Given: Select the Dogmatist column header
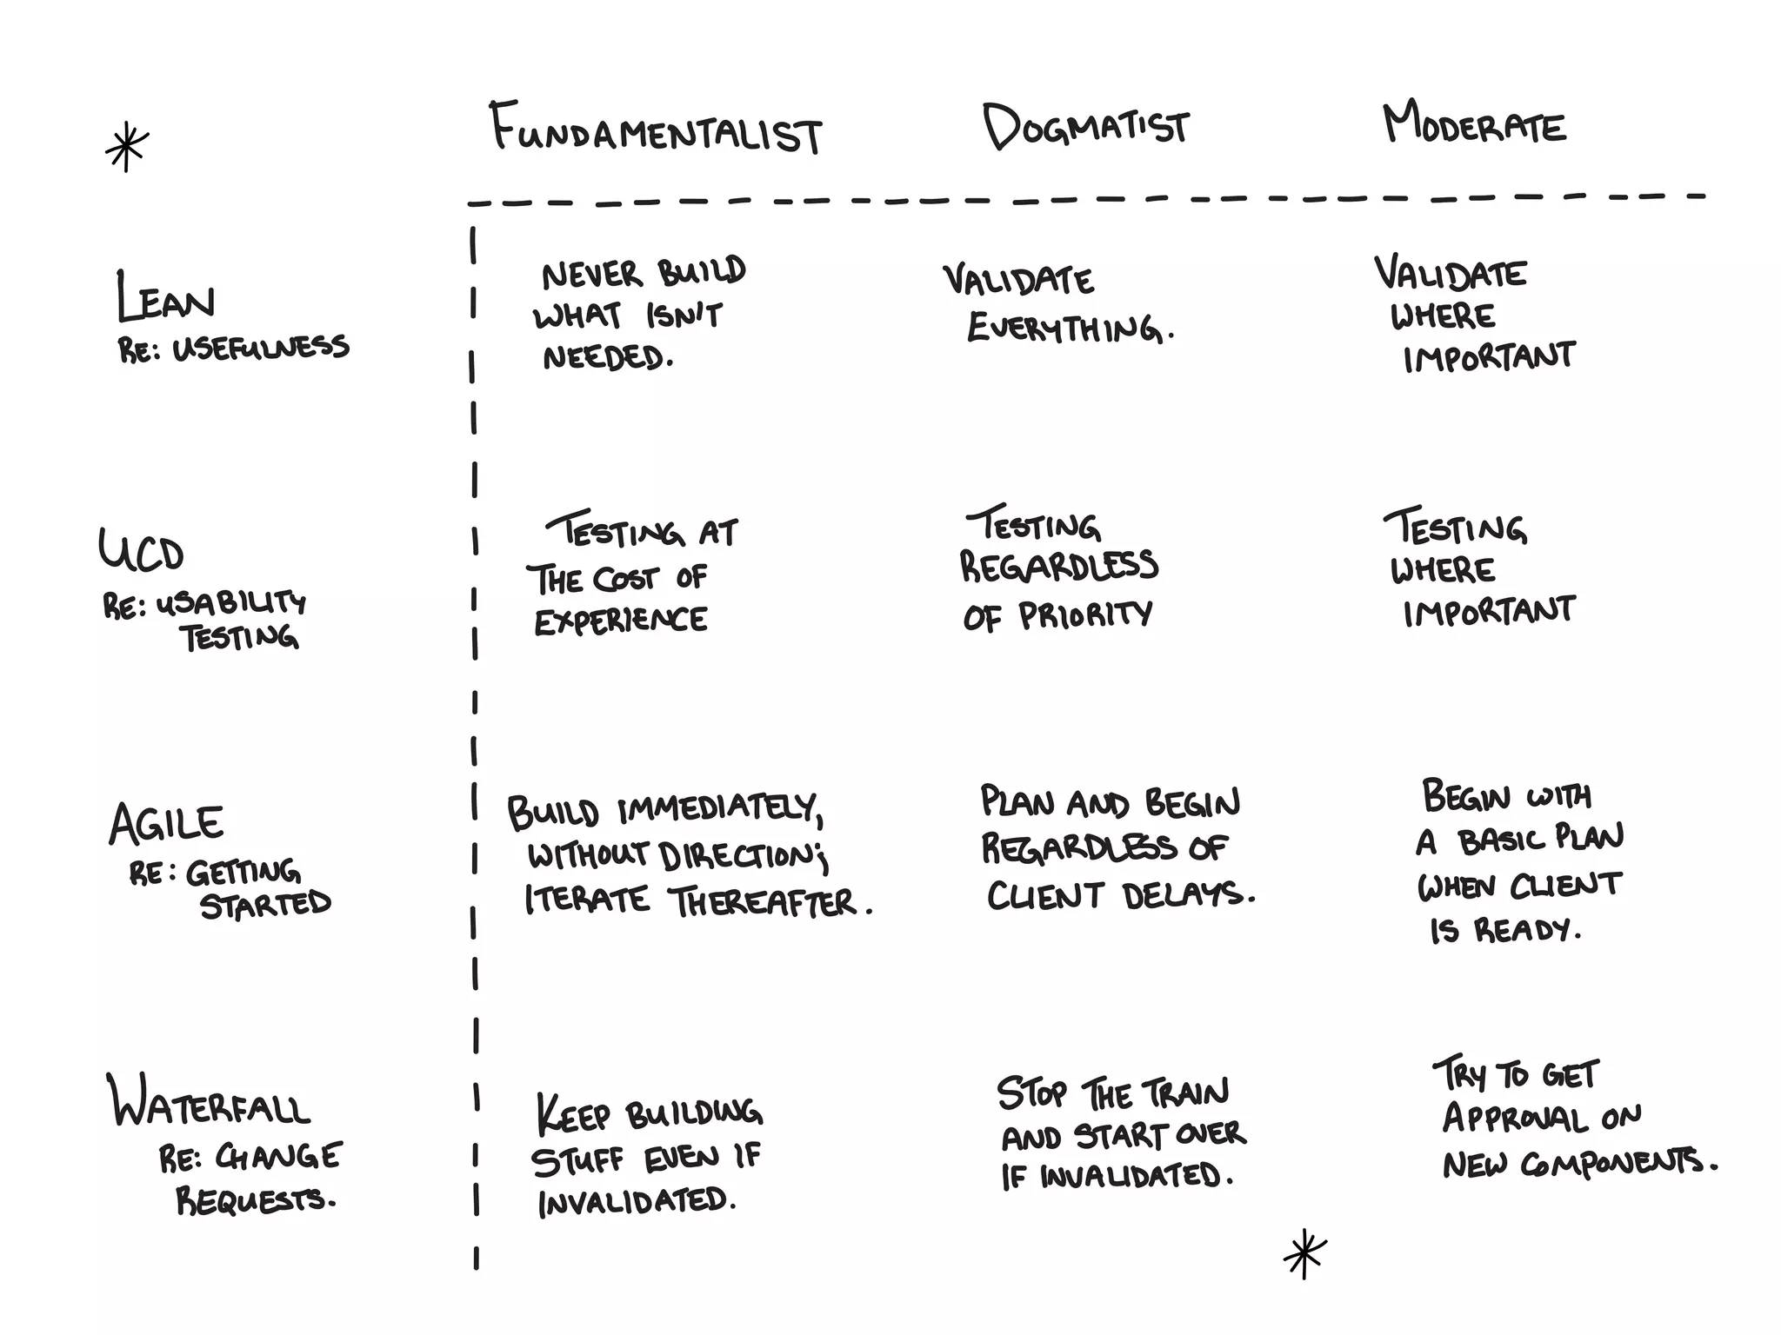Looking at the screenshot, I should coord(1086,127).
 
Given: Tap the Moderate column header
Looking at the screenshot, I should coord(1474,124).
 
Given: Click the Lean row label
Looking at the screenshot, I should coord(165,297).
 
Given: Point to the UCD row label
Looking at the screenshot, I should coord(142,550).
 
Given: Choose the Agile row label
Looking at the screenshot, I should coord(166,823).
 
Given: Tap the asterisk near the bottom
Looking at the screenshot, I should coord(1304,1253).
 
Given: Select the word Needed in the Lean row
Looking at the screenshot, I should coord(606,356).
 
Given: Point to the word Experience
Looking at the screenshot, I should coord(620,621).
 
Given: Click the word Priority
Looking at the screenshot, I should coord(1085,615).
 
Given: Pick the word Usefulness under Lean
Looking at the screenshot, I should coord(261,348).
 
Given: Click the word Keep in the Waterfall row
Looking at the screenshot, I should coord(572,1114).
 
